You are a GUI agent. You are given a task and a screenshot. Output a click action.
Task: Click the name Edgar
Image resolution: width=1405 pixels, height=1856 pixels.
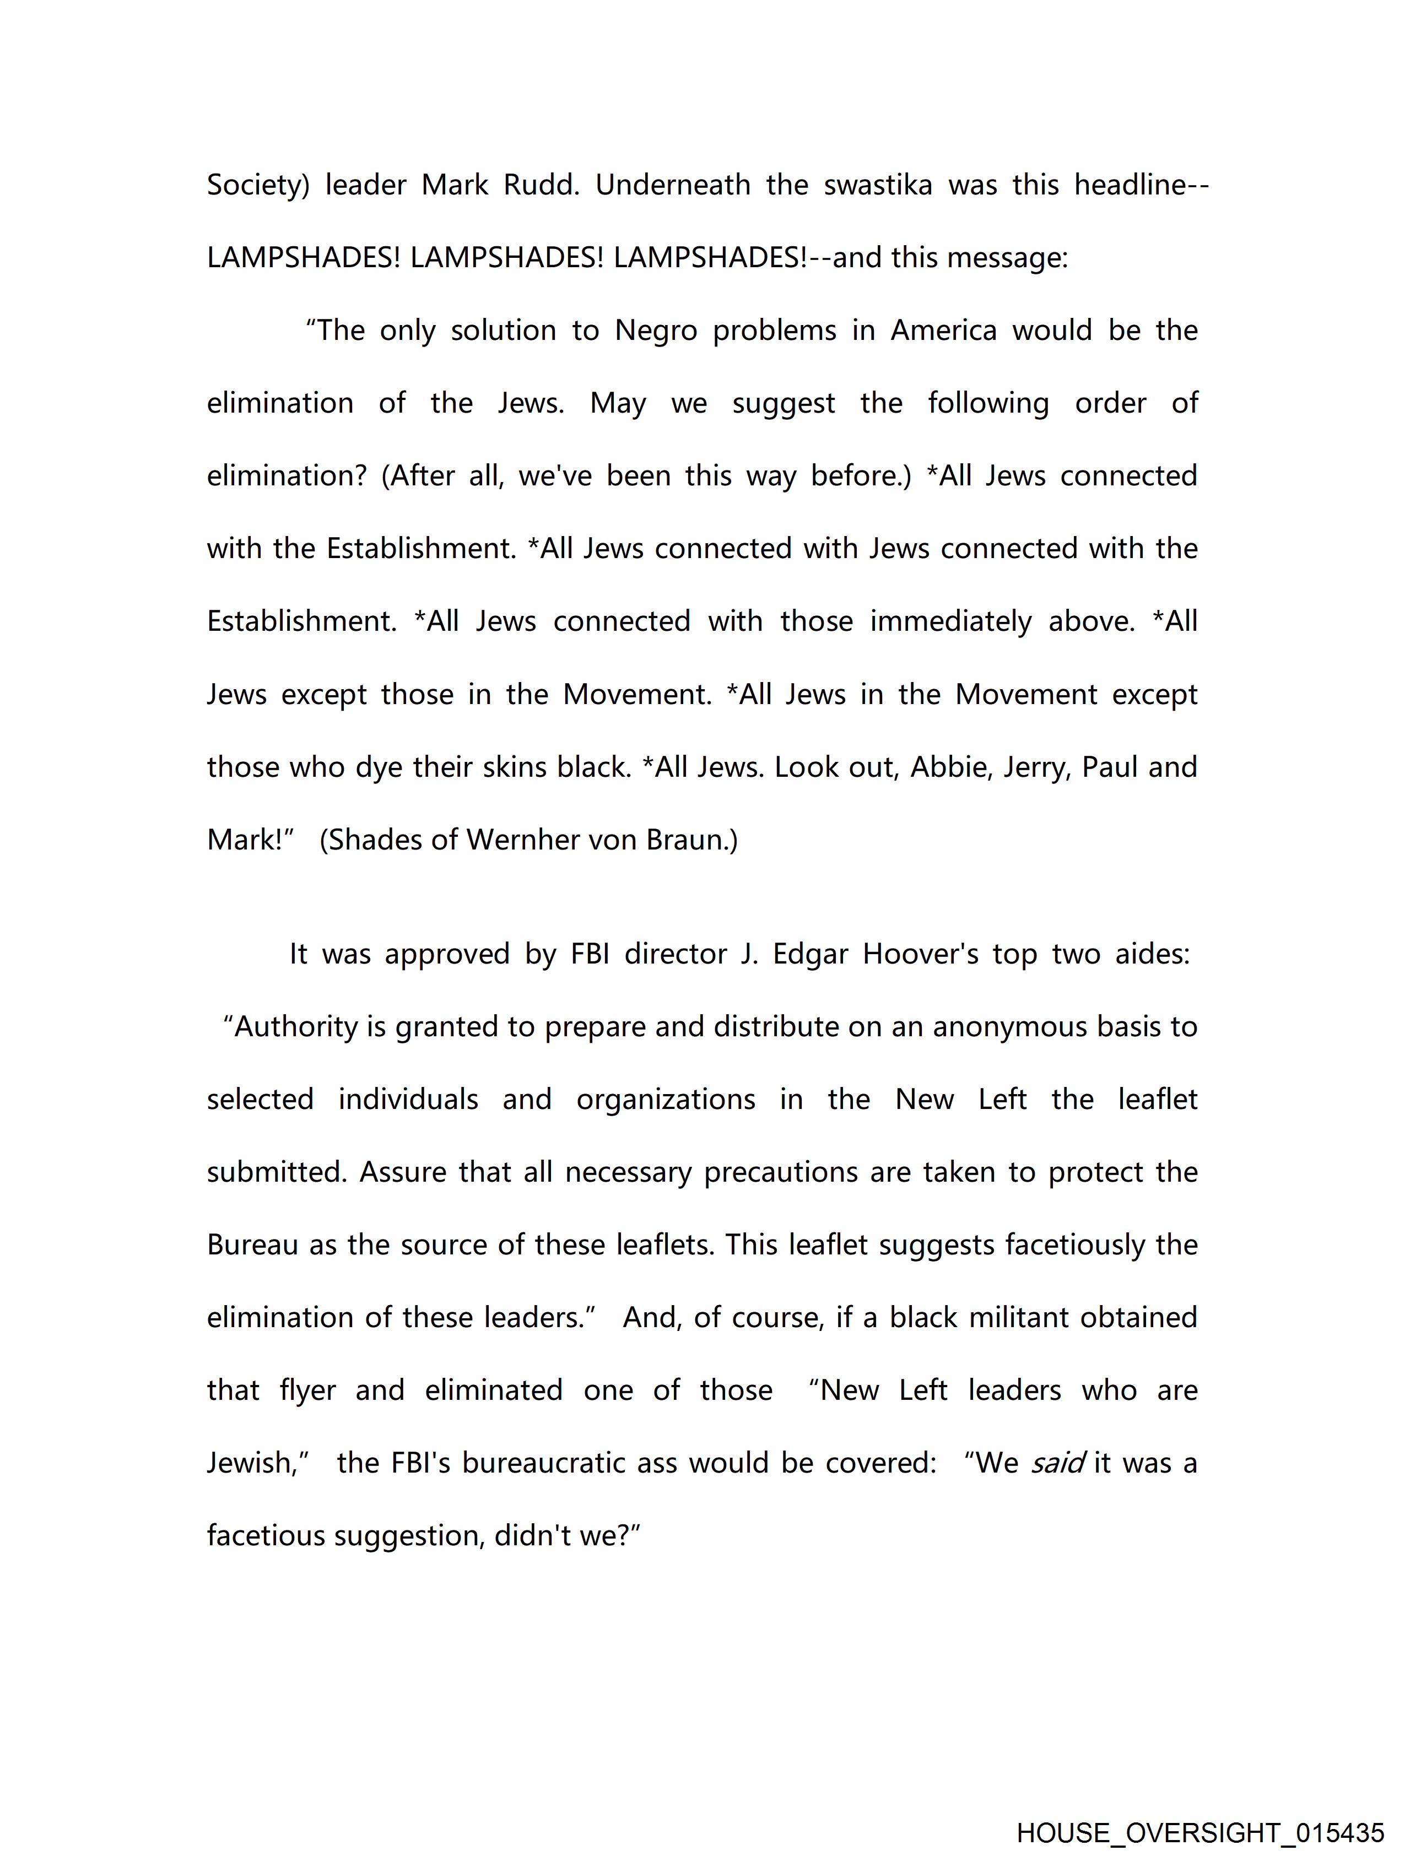(x=810, y=954)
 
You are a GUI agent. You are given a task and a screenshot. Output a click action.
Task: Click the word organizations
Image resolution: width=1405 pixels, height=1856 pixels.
(x=666, y=1100)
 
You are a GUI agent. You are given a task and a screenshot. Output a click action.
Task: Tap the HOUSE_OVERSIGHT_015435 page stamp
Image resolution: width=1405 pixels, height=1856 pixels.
(x=1200, y=1832)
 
